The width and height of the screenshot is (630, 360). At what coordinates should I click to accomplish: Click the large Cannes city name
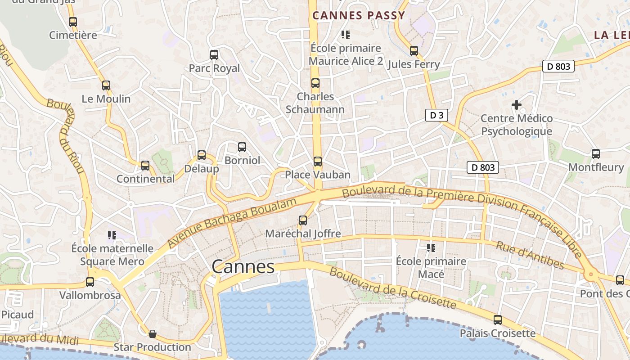(243, 267)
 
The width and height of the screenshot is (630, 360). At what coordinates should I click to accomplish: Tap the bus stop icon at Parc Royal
(214, 55)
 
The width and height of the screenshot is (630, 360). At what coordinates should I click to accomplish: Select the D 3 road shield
(436, 115)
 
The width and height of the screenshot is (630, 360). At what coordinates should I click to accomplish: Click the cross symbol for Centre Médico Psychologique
(517, 105)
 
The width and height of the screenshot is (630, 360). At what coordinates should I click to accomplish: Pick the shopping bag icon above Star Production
(153, 333)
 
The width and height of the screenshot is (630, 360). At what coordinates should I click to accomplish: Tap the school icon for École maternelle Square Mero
(112, 235)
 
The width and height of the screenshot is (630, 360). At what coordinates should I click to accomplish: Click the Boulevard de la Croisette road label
(392, 288)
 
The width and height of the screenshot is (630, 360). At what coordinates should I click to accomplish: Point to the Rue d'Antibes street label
(530, 255)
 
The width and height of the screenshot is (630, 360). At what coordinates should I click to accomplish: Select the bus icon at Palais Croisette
(497, 320)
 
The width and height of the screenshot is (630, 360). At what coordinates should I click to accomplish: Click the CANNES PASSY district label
(359, 15)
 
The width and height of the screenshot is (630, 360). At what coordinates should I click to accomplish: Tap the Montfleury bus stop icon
(596, 154)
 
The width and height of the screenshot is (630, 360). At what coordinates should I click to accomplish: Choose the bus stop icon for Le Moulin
(106, 85)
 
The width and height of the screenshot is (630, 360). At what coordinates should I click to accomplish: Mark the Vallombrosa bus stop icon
(90, 282)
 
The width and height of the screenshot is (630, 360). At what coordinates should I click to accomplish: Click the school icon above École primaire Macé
(431, 248)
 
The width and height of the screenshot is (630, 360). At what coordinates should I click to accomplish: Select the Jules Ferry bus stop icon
(414, 51)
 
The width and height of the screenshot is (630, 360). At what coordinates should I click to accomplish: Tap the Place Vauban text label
(318, 175)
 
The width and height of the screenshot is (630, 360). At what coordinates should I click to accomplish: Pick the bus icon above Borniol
(242, 147)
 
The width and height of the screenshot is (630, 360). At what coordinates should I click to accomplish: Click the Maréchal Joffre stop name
(303, 234)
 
